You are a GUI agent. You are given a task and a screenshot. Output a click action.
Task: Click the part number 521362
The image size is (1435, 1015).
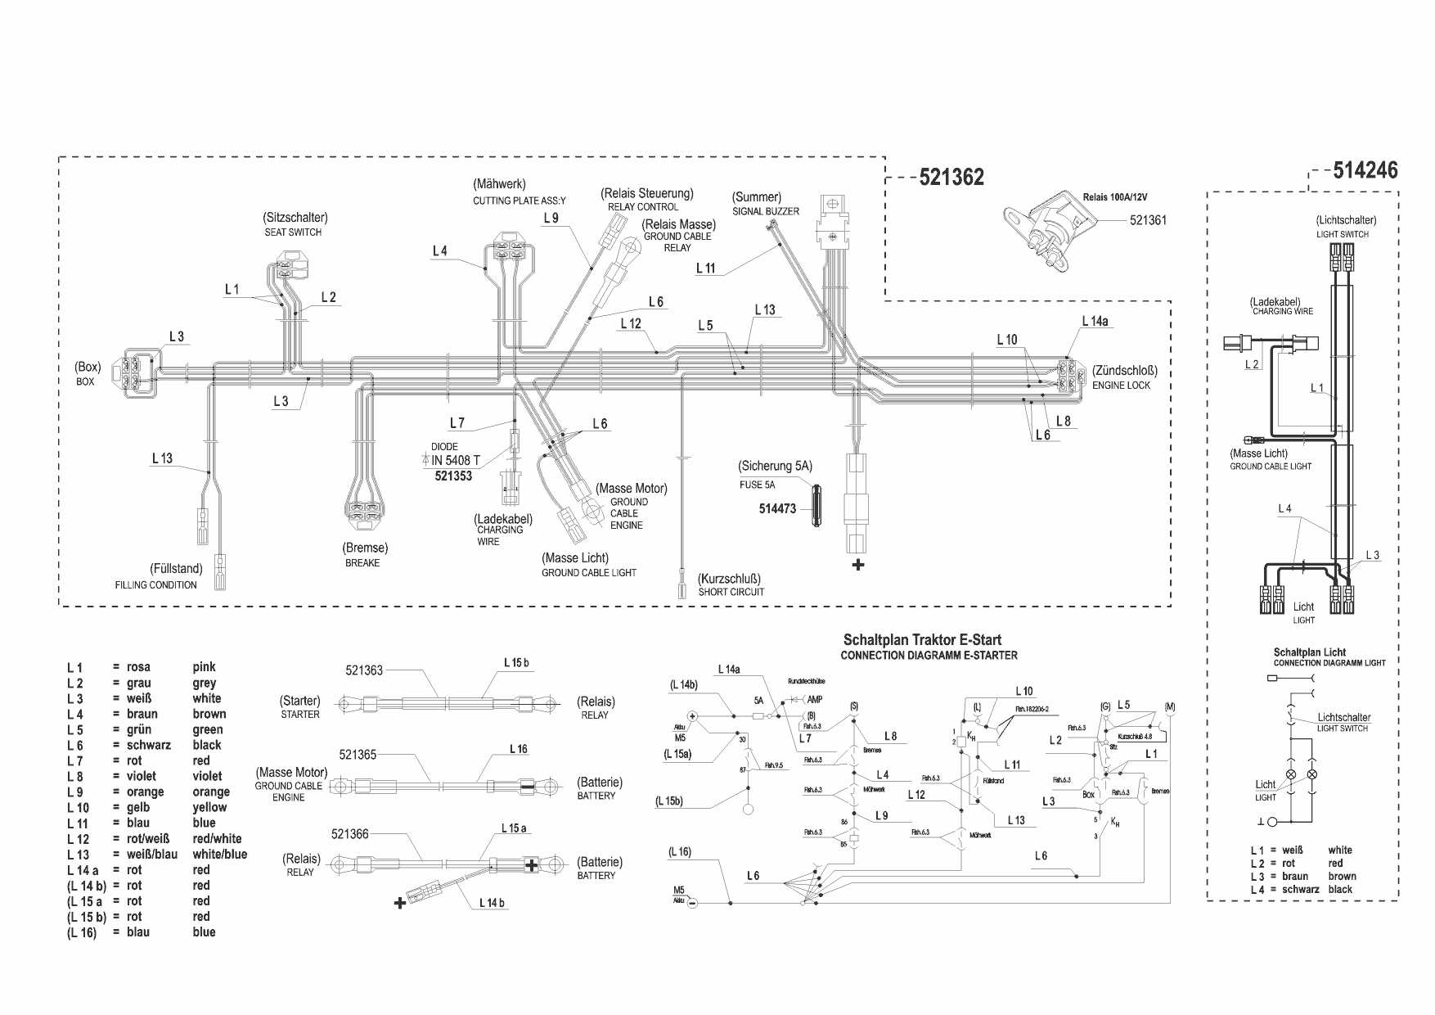951,177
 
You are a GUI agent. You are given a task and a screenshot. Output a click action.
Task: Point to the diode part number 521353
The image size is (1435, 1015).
453,476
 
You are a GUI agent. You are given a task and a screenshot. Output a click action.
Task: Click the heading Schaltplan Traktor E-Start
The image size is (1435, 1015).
922,640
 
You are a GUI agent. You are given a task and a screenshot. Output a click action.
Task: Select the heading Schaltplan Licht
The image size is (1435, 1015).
1310,652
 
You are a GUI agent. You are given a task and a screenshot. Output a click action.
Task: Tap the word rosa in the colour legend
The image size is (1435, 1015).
138,667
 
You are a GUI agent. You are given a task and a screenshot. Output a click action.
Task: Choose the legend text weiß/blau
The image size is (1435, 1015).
151,854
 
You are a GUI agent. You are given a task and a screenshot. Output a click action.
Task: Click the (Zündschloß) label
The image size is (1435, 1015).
1124,371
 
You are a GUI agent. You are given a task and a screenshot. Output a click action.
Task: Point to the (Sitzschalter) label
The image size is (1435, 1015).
295,218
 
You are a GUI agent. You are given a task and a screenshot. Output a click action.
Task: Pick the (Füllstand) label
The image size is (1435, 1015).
176,568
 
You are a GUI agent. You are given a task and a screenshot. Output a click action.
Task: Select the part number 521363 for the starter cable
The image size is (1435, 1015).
364,670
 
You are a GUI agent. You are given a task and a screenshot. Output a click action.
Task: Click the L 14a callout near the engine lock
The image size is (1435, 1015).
1095,322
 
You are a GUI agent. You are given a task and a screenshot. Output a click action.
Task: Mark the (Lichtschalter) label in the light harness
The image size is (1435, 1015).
1346,220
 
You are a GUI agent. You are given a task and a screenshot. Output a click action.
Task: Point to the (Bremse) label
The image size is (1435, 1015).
365,548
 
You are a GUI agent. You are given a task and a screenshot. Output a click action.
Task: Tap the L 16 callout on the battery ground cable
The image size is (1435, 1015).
518,749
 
